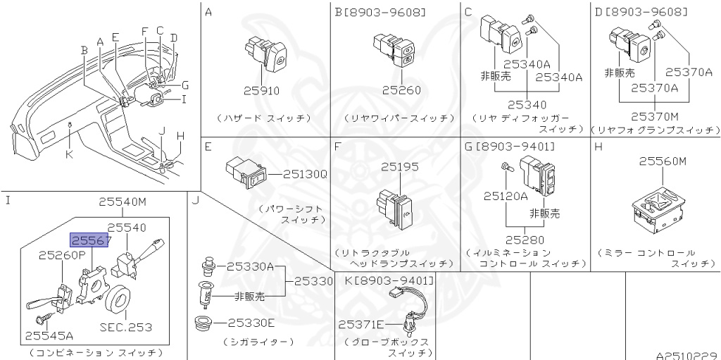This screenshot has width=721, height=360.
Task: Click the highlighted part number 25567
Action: pos(89,241)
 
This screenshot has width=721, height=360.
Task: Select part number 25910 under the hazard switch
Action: pos(261,90)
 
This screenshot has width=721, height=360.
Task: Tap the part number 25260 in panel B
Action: pos(401,90)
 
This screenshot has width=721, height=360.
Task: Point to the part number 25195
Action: pos(399,167)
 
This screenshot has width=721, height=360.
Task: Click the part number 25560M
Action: pos(662,161)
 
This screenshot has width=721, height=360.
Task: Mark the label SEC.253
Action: pos(126,327)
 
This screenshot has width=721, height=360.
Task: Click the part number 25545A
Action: pos(49,336)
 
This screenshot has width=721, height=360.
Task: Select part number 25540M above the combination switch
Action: pos(122,202)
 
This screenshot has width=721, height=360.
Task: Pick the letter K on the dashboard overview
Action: pos(69,154)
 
